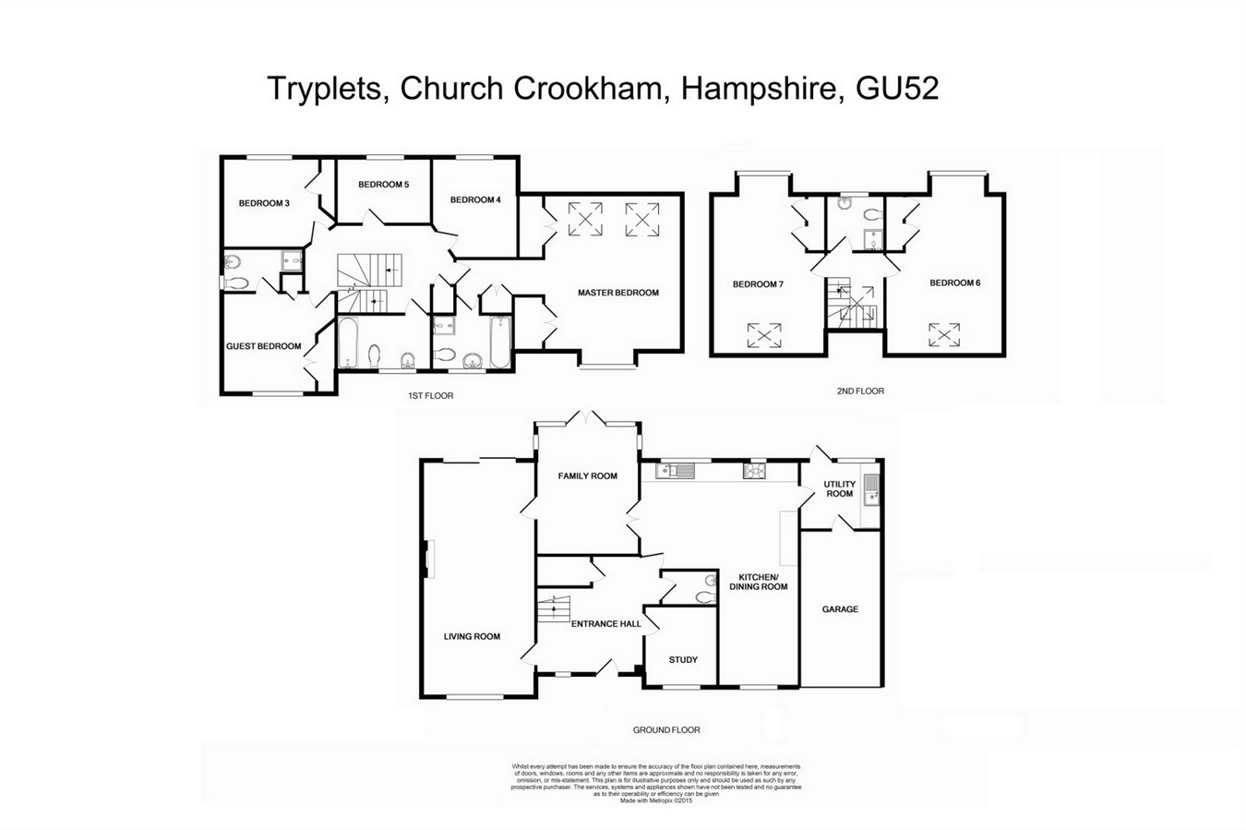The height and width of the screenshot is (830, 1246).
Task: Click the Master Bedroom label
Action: (618, 293)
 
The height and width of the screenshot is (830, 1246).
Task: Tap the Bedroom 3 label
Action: (264, 203)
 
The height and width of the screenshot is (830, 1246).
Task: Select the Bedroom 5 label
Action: (383, 185)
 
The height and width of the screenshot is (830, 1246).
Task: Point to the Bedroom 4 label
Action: (475, 199)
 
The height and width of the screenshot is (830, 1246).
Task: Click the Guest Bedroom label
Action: (264, 346)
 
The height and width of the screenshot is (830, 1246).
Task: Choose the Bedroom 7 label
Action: (758, 284)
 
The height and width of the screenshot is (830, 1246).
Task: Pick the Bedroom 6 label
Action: (955, 283)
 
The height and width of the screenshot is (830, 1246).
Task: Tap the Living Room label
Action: (472, 636)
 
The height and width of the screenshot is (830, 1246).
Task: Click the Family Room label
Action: (587, 476)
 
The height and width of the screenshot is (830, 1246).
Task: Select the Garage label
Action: (840, 609)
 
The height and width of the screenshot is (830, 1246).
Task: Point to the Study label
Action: (683, 659)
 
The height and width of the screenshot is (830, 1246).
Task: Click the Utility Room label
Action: (840, 488)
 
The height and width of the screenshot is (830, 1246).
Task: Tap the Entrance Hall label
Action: (606, 624)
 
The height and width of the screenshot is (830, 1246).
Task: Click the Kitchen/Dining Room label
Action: (759, 582)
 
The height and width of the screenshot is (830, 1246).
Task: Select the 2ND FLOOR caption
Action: (860, 391)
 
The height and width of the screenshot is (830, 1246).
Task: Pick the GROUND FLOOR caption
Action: (665, 730)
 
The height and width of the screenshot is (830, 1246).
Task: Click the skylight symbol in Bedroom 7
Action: (763, 334)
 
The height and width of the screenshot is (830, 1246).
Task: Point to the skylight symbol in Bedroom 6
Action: (943, 332)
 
